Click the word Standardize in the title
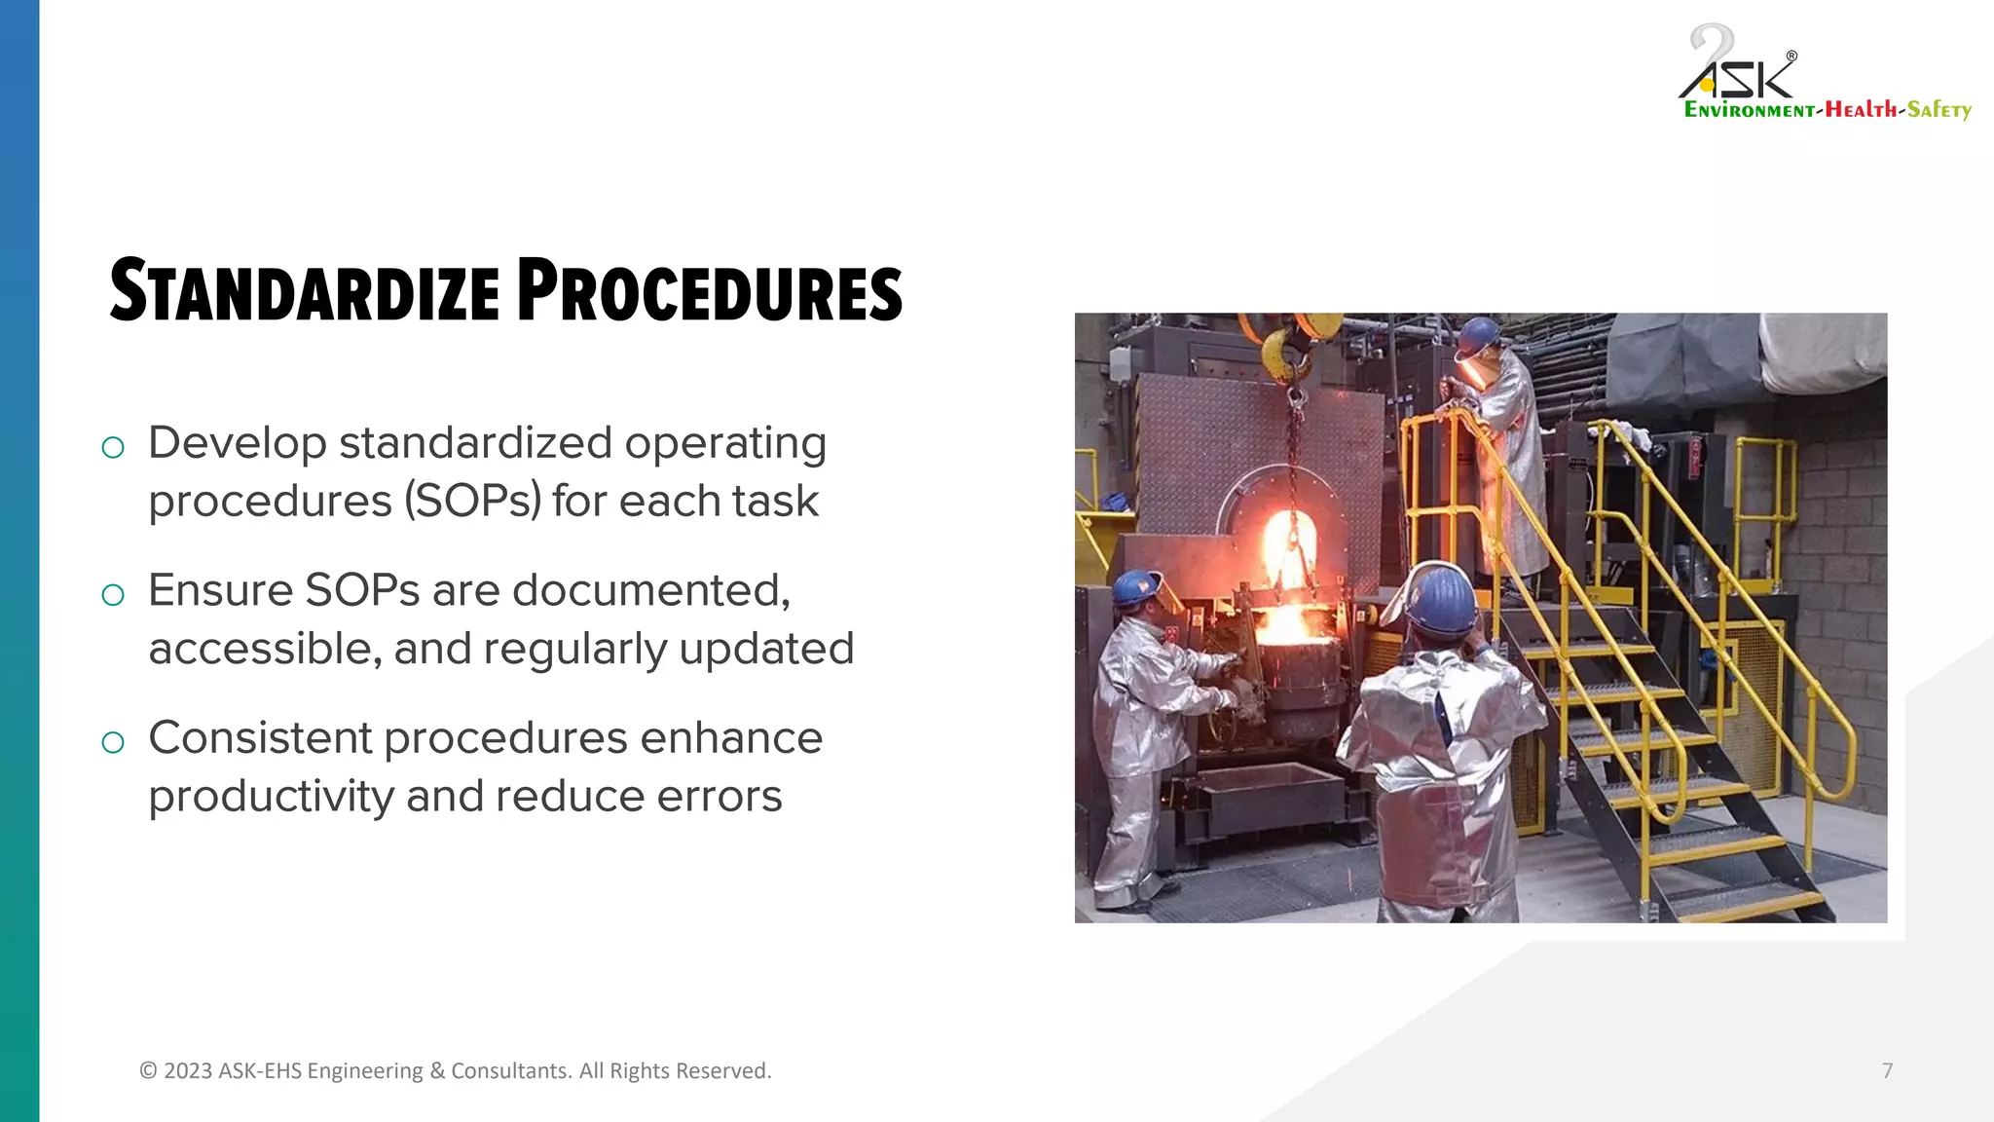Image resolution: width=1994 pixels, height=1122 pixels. [x=305, y=291]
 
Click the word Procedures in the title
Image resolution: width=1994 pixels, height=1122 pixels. [x=709, y=291]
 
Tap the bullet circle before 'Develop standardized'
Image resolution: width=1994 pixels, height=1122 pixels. [x=113, y=447]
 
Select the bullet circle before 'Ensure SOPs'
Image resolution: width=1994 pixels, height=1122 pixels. [x=113, y=594]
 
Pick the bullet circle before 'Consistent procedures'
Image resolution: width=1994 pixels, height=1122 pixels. [x=113, y=742]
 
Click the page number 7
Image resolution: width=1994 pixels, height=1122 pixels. [x=1887, y=1070]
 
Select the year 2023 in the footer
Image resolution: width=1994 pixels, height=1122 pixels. [x=188, y=1070]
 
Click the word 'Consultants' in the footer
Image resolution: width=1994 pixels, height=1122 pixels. [x=510, y=1070]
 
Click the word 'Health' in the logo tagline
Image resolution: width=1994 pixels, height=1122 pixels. [x=1861, y=110]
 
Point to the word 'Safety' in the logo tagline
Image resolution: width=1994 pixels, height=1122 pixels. [x=1939, y=110]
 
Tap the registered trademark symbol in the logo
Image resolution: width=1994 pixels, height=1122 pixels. [x=1791, y=56]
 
